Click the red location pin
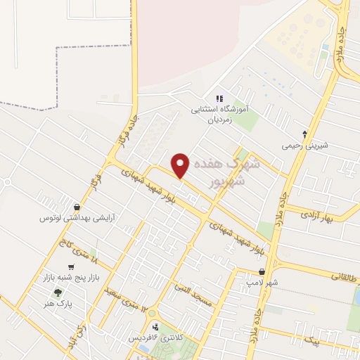click(x=181, y=165)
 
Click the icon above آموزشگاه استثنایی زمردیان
click(x=220, y=98)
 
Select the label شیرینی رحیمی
click(x=305, y=146)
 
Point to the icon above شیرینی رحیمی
click(x=304, y=132)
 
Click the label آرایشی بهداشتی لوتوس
click(x=77, y=218)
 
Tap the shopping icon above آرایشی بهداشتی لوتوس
click(x=77, y=207)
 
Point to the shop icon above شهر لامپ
click(x=262, y=272)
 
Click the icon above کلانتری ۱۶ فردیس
click(x=155, y=326)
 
